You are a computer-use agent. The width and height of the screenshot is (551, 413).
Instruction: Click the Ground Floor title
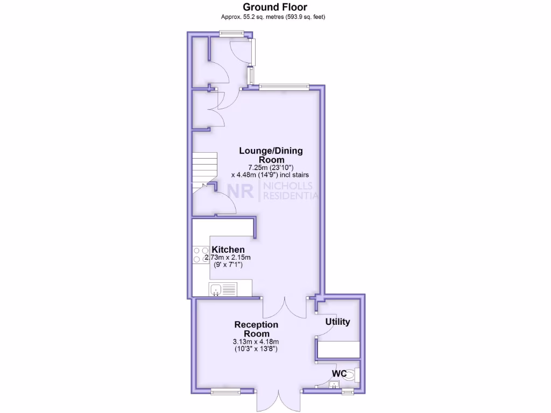275,7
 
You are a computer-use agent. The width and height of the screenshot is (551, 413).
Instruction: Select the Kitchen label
228,250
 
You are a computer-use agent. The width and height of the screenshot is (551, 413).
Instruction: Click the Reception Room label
256,329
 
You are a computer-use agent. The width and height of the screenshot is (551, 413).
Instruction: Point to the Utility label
338,322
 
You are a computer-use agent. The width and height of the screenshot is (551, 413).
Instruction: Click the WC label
338,373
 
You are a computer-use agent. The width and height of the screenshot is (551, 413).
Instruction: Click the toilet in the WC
350,375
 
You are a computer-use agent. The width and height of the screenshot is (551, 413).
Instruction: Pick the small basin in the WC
334,384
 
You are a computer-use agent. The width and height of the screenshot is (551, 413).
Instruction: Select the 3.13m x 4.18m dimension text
256,341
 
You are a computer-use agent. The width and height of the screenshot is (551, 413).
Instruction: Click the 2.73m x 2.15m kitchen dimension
231,258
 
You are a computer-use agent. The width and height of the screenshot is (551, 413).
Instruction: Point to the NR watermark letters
241,191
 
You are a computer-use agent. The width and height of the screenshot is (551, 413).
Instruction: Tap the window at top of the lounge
284,86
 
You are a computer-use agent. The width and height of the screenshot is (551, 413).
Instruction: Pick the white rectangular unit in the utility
338,350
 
